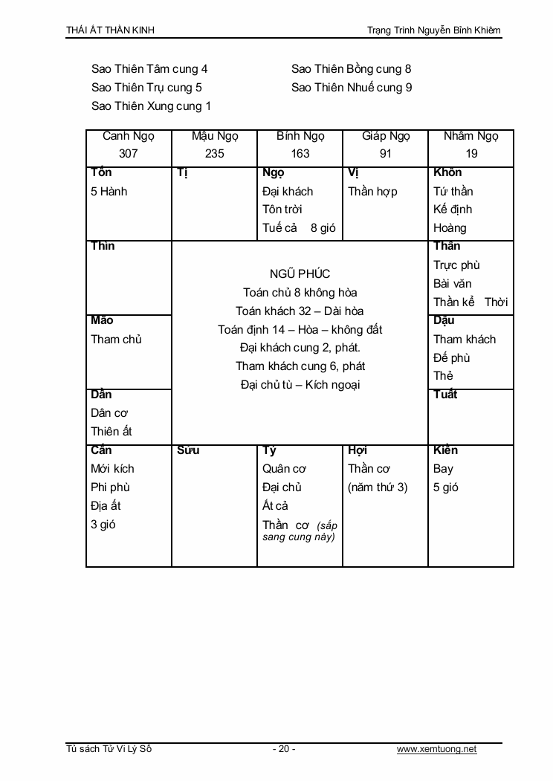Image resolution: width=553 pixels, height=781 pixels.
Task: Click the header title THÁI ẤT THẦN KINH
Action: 110,30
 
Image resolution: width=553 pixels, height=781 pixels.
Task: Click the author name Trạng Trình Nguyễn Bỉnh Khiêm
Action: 434,30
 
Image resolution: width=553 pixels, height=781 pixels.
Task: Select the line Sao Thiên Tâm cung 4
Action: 149,69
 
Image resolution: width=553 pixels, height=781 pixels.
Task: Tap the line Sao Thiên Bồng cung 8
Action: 351,69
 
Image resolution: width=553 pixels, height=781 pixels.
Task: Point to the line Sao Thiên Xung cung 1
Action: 151,106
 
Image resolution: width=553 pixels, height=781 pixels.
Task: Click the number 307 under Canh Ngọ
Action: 129,154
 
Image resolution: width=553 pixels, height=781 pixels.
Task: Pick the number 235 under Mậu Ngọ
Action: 215,154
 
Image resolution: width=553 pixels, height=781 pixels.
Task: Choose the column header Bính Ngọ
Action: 300,136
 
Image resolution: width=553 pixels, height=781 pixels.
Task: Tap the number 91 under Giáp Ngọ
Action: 386,154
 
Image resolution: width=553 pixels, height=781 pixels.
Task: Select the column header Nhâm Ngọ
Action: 471,136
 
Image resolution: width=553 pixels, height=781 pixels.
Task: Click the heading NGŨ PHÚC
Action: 300,274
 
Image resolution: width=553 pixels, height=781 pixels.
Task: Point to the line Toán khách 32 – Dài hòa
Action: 300,311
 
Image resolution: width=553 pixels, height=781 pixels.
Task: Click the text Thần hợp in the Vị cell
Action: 372,191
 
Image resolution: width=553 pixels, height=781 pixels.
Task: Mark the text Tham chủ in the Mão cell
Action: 116,340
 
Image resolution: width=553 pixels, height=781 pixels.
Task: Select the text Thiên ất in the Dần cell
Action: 111,432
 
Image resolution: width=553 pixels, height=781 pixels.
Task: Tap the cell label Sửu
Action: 189,450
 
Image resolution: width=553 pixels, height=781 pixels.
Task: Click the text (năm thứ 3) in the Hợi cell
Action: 378,487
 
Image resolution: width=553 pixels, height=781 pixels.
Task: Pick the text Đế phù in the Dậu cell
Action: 452,357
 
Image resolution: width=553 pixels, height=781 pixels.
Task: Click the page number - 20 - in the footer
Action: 284,749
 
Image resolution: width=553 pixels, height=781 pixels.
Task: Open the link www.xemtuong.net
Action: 436,749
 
